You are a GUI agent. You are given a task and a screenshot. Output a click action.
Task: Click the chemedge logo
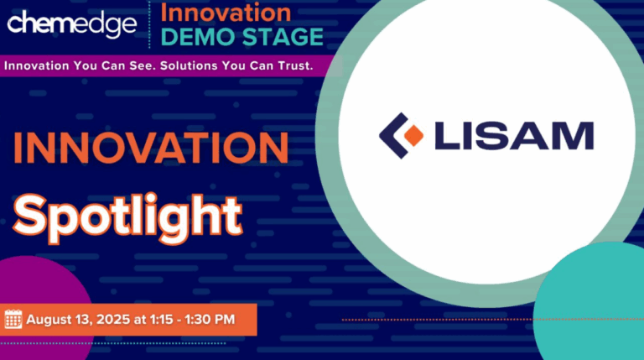(x=71, y=23)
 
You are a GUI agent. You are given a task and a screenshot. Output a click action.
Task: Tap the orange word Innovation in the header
(x=226, y=13)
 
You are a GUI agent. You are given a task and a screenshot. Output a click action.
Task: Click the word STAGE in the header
(x=283, y=37)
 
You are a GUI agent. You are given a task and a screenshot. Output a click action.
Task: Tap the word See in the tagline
(x=143, y=65)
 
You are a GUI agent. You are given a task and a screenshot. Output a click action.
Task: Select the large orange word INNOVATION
(x=151, y=148)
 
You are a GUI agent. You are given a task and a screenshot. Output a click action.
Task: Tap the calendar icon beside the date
(x=13, y=320)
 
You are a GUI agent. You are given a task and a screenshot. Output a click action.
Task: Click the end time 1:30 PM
(x=210, y=320)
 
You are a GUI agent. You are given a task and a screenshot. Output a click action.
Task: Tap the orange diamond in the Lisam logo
(x=413, y=136)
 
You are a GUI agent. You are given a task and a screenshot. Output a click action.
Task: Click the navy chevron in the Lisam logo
(x=393, y=136)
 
